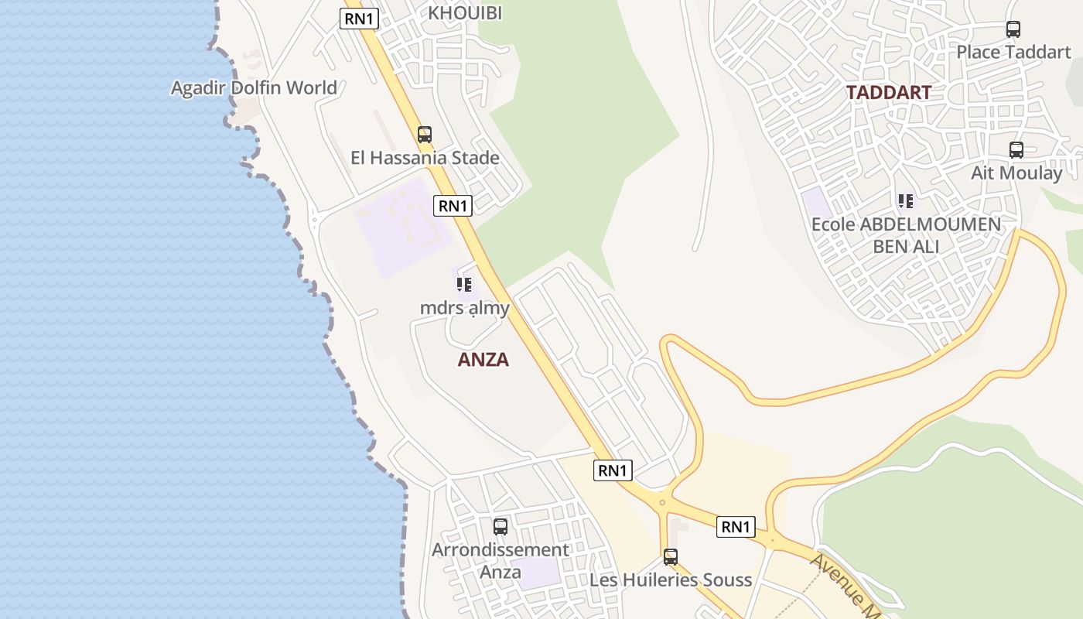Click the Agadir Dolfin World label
[x=254, y=87]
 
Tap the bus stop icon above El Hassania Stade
[x=424, y=134]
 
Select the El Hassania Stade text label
[x=425, y=158]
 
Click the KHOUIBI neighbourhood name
[x=465, y=13]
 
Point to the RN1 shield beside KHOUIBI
[x=359, y=19]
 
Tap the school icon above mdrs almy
[x=464, y=285]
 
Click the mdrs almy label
[x=464, y=308]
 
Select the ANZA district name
[x=483, y=359]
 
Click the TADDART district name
[x=888, y=93]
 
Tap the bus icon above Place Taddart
[x=1013, y=29]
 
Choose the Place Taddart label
[x=1013, y=52]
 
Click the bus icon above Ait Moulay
[x=1016, y=150]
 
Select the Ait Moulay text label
[x=1016, y=173]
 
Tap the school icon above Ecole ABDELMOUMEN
[x=905, y=201]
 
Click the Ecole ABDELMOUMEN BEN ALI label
[x=906, y=235]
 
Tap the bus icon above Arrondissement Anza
[x=501, y=527]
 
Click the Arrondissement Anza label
[x=501, y=561]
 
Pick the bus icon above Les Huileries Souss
[x=671, y=557]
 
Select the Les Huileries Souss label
[x=671, y=580]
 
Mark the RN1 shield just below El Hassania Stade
[x=453, y=205]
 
